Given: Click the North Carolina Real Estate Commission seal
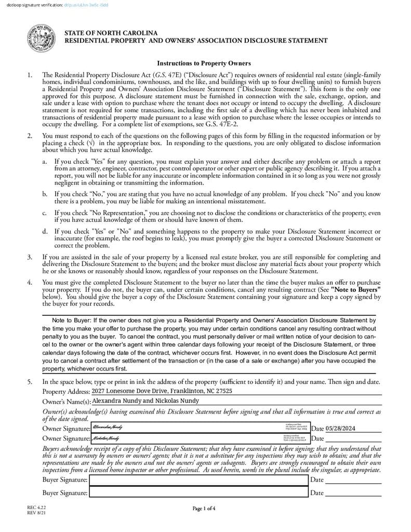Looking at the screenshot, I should click(x=41, y=39).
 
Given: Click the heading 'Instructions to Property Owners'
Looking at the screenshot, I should click(x=204, y=63).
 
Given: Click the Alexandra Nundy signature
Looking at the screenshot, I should click(x=108, y=427).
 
